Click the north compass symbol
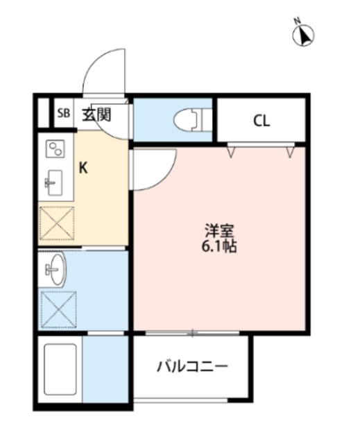pos(303,35)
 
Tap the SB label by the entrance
pos(64,114)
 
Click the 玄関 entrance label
pos(97,114)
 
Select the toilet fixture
pos(193,121)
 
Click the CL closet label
pos(262,121)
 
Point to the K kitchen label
pos(83,169)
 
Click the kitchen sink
pos(54,182)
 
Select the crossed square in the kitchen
pos(57,223)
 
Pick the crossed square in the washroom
pos(58,309)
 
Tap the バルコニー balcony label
pos(192,367)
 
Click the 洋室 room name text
pos(219,231)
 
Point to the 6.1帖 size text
pos(219,246)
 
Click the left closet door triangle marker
pos(231,152)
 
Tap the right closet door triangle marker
pos(290,152)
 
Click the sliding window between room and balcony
pos(192,333)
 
